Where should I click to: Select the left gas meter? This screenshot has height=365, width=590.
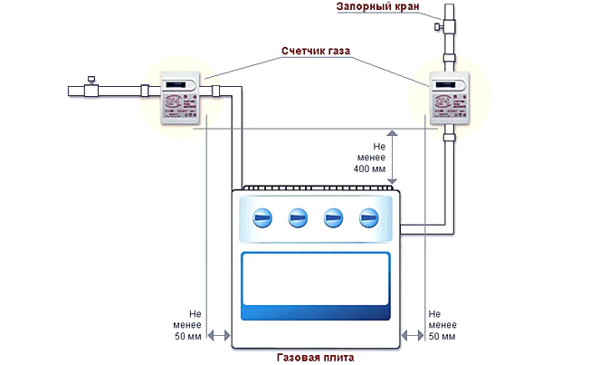182,98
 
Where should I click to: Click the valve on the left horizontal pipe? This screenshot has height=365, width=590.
90,89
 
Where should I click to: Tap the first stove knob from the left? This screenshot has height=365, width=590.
261,217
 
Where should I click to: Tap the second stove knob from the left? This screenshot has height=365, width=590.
297,217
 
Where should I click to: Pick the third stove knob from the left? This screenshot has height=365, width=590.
333,217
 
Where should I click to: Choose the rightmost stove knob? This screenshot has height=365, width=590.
368,217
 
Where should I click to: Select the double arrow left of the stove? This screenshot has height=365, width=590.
218,335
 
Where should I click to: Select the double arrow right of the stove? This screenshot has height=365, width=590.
413,335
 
